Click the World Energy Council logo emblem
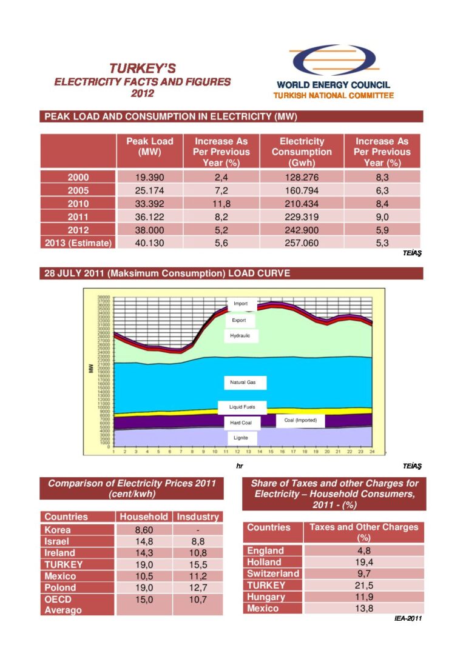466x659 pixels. click(x=332, y=61)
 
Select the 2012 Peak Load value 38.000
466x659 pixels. click(x=149, y=230)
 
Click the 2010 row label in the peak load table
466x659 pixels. click(x=78, y=204)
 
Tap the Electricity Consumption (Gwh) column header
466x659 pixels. click(x=302, y=152)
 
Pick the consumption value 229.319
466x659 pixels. click(x=302, y=217)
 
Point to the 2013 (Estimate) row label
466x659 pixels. click(x=78, y=243)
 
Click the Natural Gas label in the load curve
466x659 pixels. click(x=243, y=383)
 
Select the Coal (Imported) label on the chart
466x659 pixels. click(x=300, y=420)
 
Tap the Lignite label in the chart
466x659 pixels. click(x=242, y=437)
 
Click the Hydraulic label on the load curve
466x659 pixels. click(x=240, y=335)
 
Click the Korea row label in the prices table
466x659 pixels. click(x=58, y=529)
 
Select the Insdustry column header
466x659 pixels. click(x=197, y=517)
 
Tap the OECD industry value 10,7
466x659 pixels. click(x=197, y=599)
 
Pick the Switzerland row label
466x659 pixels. click(x=272, y=574)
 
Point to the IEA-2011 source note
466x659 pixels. click(x=406, y=618)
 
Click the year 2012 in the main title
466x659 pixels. click(x=143, y=93)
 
